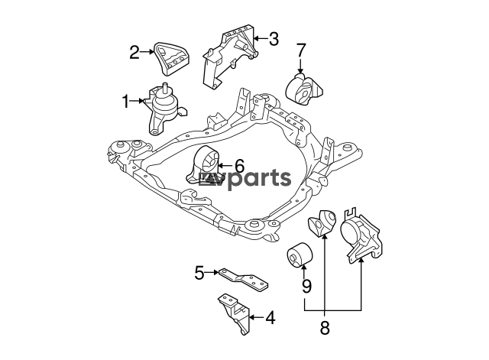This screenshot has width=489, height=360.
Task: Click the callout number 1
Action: [x=125, y=102]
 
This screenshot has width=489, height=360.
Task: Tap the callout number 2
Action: [x=134, y=52]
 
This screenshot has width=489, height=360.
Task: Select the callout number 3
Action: [x=274, y=39]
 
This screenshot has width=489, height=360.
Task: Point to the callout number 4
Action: [x=270, y=318]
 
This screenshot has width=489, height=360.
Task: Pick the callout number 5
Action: [x=199, y=273]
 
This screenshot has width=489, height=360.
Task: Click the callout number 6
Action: [x=239, y=166]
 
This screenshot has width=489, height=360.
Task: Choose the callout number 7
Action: [x=301, y=50]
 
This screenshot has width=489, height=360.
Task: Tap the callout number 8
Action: [x=325, y=328]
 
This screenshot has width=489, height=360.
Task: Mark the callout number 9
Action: [x=306, y=286]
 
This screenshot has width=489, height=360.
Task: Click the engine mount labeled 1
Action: [x=167, y=109]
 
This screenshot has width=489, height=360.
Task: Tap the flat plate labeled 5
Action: [x=243, y=278]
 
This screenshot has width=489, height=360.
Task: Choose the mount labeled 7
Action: [x=304, y=89]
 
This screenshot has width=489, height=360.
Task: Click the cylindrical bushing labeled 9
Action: [x=300, y=255]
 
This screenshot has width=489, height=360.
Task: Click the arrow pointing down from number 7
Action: [x=300, y=65]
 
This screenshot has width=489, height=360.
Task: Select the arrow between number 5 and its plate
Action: [x=212, y=273]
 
